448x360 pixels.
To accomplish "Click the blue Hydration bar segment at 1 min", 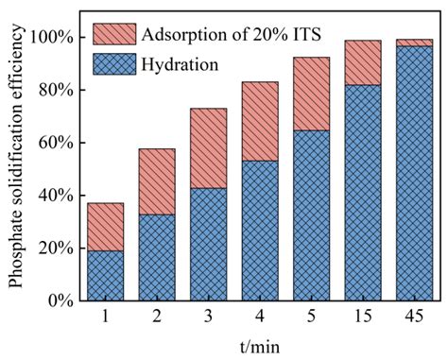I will (x=105, y=275).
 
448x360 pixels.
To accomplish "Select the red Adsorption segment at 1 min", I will (x=105, y=227).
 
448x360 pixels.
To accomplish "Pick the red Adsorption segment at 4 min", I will (x=260, y=121).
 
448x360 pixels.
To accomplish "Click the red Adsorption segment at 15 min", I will (x=363, y=62).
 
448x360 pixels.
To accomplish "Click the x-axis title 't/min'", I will (x=259, y=346).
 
